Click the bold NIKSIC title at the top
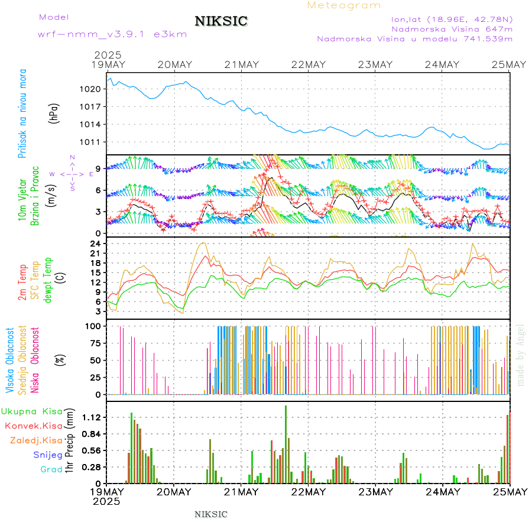[221, 22]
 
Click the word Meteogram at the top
[344, 5]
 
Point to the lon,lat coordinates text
[452, 18]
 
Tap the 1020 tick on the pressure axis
[95, 89]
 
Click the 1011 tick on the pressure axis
[95, 142]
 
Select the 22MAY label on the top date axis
[308, 64]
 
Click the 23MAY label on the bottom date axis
[375, 492]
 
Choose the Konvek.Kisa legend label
[34, 426]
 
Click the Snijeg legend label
[48, 455]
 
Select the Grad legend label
[51, 470]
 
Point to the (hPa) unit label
[54, 112]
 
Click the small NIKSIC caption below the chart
[211, 514]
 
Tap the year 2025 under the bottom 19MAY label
[107, 501]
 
